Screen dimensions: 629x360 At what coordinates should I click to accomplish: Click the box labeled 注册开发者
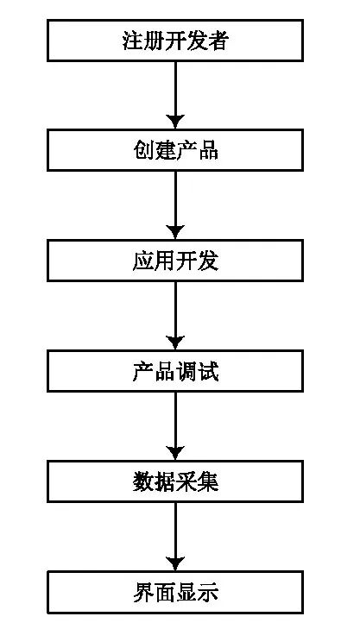coord(175,41)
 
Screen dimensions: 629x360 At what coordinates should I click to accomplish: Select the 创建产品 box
coord(175,151)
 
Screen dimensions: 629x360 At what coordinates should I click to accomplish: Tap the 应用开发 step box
coord(175,261)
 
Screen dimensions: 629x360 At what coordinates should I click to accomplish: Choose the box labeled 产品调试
coord(175,371)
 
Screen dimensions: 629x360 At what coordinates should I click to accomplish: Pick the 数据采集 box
coord(175,481)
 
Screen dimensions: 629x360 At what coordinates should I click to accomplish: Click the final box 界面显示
coord(175,592)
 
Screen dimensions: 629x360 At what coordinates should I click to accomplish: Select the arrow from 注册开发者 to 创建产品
coord(175,95)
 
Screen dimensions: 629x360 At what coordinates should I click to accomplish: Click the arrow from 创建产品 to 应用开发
coord(175,205)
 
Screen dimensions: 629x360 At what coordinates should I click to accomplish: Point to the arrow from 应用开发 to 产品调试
coord(175,316)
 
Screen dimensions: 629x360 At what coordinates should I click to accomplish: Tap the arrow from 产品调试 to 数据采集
coord(175,426)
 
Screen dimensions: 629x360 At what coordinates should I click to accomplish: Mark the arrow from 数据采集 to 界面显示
coord(175,537)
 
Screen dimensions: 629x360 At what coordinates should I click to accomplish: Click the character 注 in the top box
coord(133,41)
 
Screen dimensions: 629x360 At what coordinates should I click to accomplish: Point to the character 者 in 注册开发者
coord(218,41)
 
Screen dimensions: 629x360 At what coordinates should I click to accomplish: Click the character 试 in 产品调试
coord(208,371)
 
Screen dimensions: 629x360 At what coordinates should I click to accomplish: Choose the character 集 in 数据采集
coord(208,481)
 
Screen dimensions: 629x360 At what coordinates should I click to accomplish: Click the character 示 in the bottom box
coord(208,592)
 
